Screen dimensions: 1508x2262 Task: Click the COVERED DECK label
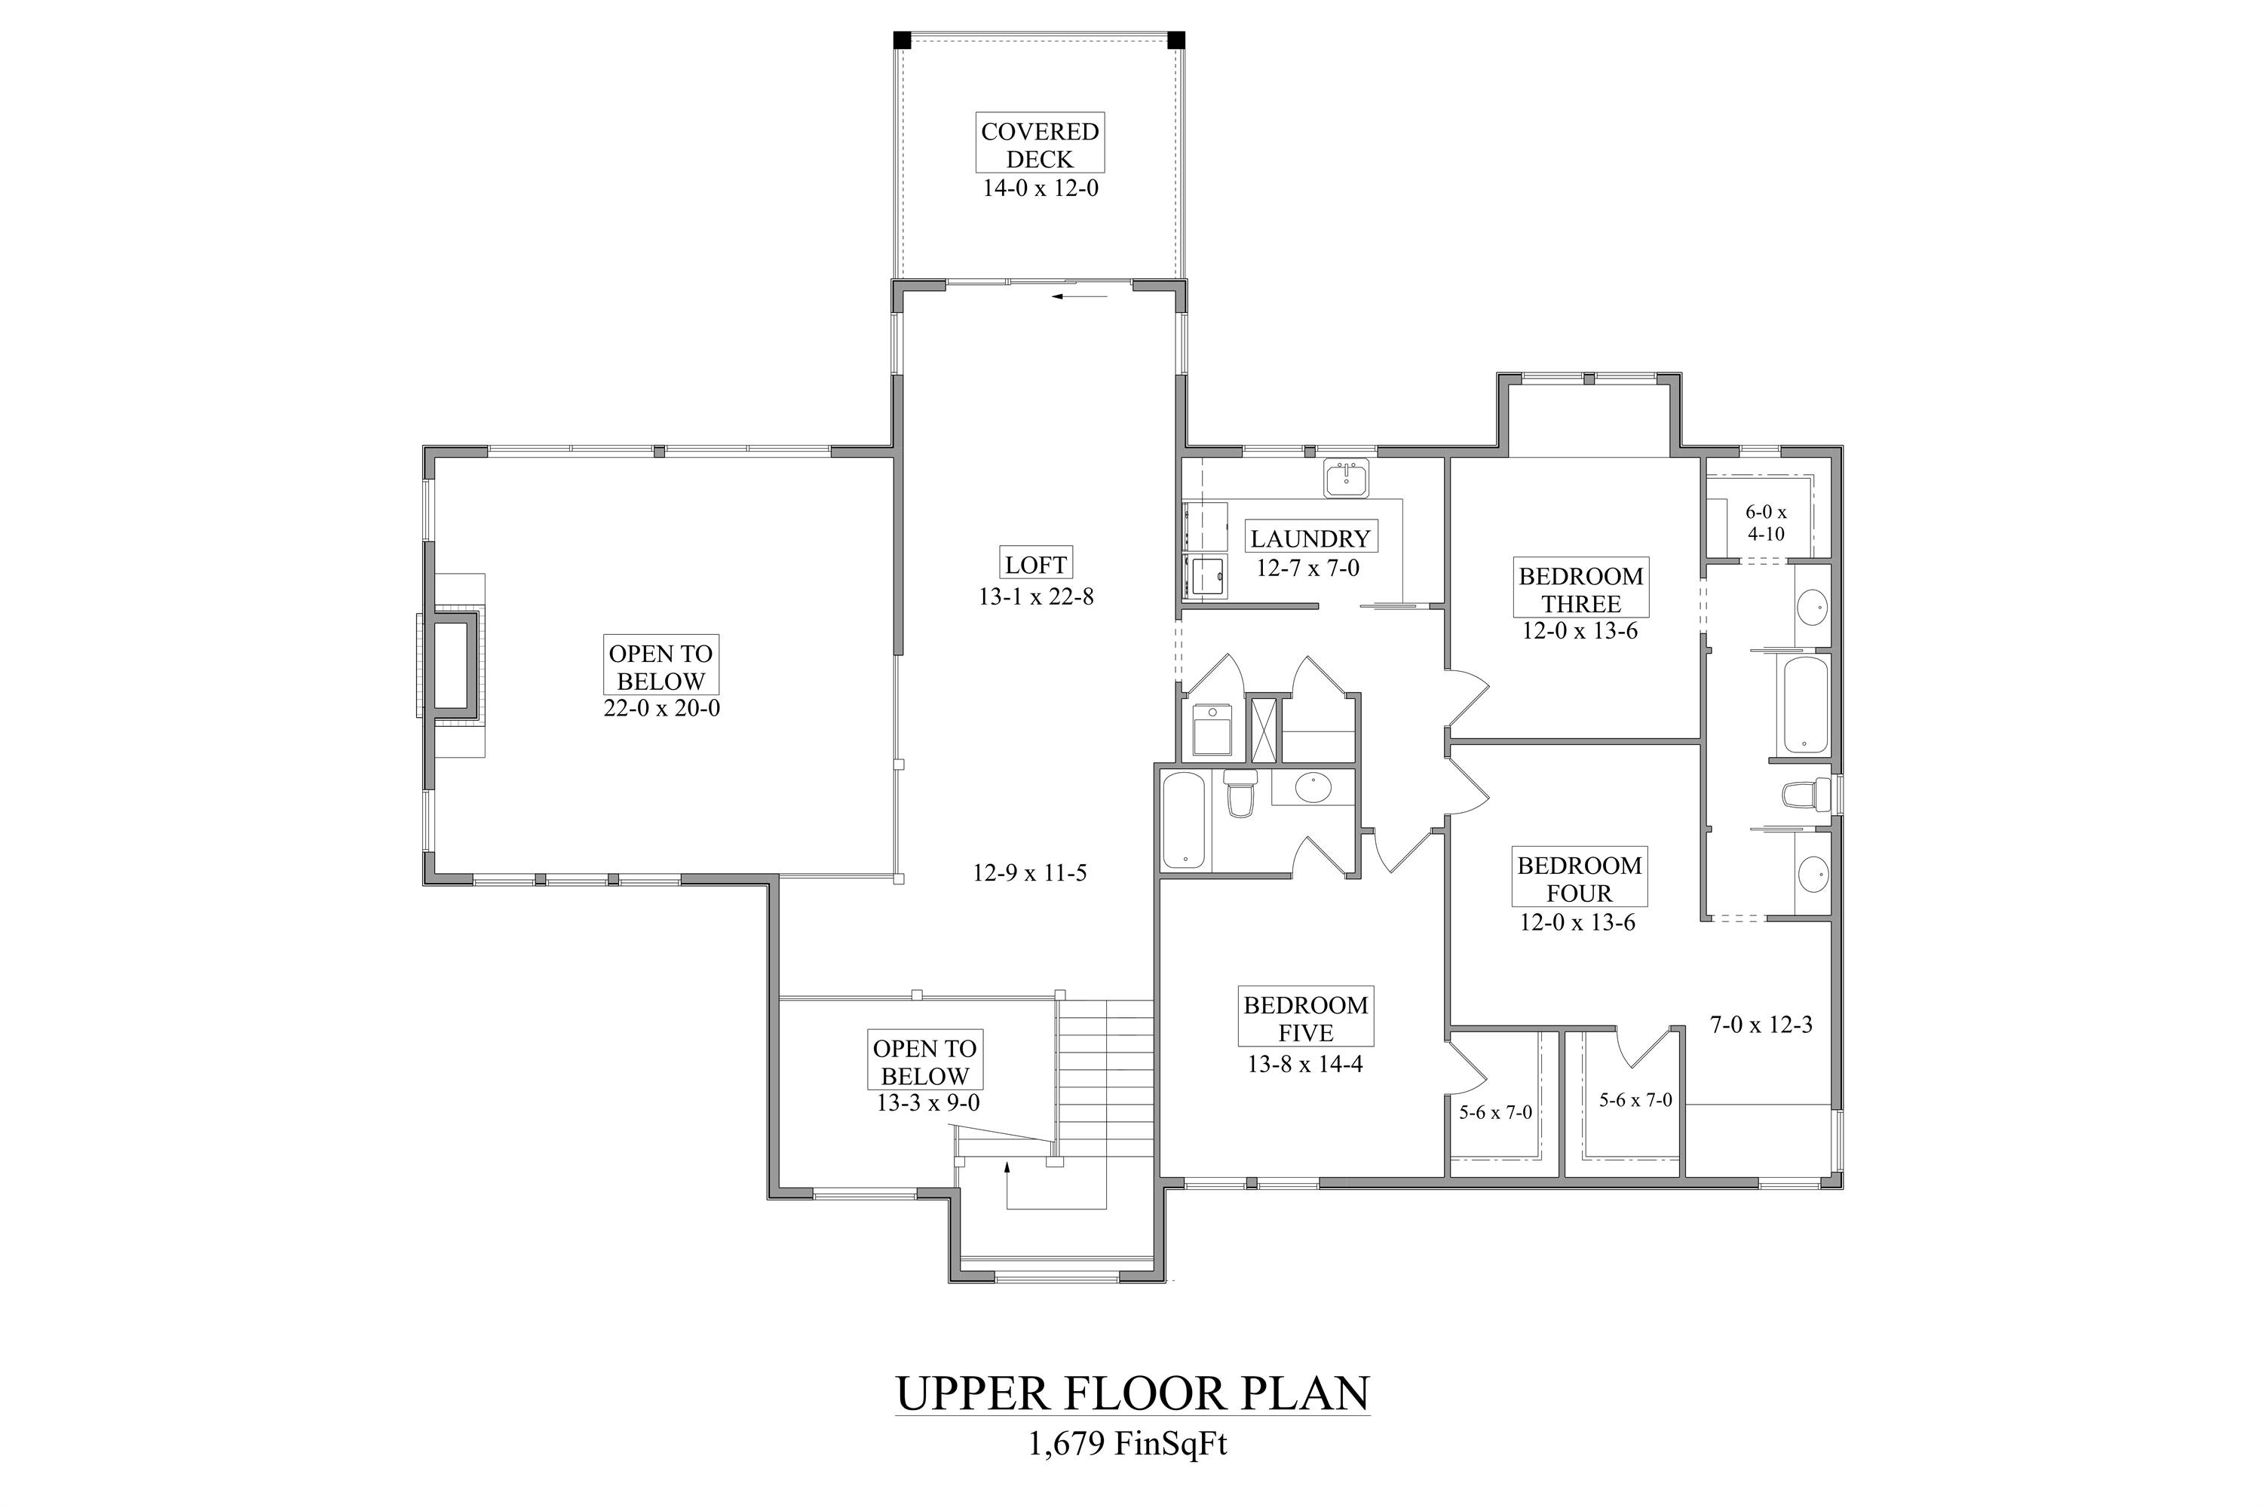[1040, 144]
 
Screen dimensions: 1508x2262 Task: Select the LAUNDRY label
[1309, 538]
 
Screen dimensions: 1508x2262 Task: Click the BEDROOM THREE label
[1580, 590]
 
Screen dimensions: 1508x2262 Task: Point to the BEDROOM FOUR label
[1578, 878]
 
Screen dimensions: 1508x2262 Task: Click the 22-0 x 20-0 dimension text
[662, 709]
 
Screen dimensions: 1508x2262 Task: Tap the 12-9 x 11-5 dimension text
[1029, 873]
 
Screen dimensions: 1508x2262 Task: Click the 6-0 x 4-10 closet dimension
[1766, 523]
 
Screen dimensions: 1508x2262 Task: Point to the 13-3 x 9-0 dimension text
[927, 1103]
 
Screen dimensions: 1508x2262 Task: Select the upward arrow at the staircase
[1006, 1169]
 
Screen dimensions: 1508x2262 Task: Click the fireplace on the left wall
[451, 666]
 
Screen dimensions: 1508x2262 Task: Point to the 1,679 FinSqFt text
[1127, 1445]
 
